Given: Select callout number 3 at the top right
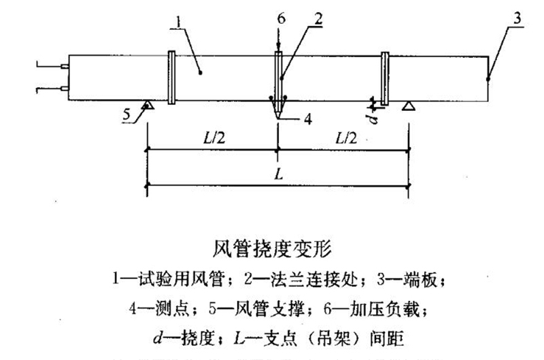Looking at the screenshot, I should [x=517, y=18].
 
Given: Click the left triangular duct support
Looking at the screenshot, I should [x=148, y=105].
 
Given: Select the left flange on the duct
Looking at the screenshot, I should [x=171, y=79].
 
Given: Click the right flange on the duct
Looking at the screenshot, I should [x=385, y=79].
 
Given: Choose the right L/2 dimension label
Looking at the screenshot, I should [x=345, y=138].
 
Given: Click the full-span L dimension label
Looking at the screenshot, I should [x=278, y=174].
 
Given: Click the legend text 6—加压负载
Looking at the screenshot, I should [x=384, y=306].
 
